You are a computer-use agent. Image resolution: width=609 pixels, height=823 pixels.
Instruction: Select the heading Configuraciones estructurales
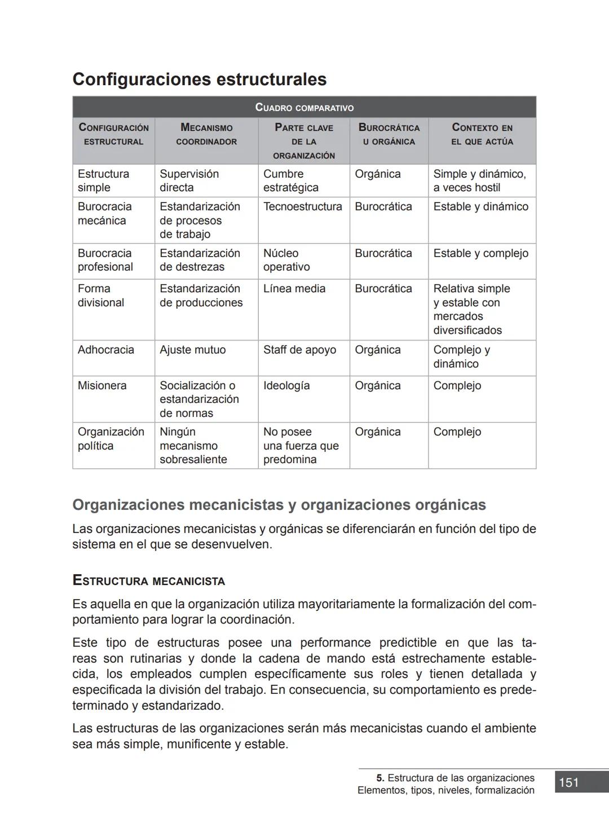coord(200,79)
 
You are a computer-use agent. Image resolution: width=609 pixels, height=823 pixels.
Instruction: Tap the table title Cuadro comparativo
coord(304,107)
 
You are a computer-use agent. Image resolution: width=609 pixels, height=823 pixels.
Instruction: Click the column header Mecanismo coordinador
coord(206,135)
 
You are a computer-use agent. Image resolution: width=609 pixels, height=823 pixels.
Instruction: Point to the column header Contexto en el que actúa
coord(482,135)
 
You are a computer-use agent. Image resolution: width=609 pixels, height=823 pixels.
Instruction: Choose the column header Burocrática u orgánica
coord(389,135)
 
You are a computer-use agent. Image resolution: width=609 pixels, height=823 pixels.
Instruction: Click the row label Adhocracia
coord(106,350)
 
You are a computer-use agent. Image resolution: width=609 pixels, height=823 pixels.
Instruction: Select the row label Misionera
coord(102,386)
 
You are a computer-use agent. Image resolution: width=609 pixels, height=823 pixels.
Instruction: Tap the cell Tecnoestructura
coord(303,206)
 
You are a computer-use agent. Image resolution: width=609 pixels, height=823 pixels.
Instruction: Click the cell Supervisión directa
coord(189,181)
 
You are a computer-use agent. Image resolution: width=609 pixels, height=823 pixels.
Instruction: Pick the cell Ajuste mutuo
coord(192,350)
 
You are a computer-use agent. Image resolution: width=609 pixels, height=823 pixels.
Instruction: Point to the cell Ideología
coord(286,386)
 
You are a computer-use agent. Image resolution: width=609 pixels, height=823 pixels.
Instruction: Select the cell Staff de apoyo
coord(299,350)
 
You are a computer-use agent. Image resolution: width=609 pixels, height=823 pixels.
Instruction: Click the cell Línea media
coord(294,289)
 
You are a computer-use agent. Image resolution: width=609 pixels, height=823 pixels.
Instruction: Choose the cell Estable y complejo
coord(481,253)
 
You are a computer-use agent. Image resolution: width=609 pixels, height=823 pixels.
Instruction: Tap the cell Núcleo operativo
coord(286,260)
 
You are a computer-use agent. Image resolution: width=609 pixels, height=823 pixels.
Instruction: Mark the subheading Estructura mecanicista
coord(149,581)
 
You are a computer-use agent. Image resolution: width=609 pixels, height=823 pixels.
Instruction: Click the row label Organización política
coord(111,439)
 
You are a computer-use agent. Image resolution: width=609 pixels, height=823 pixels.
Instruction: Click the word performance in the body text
coord(335,643)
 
